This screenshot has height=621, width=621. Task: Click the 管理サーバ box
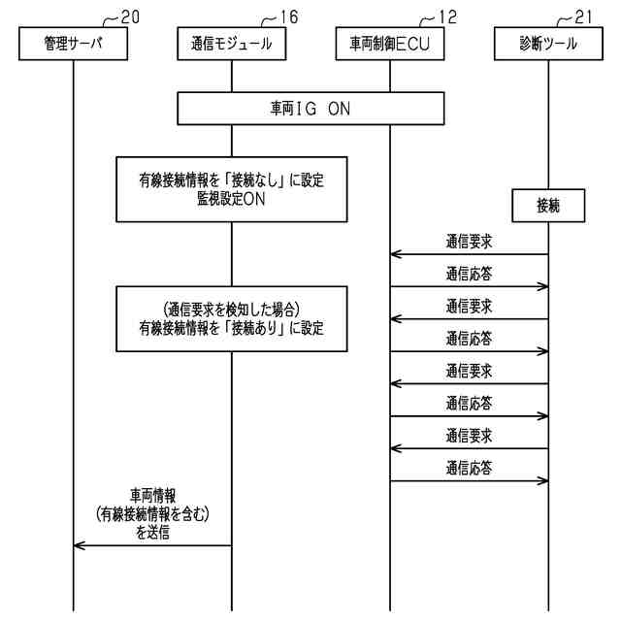tap(74, 44)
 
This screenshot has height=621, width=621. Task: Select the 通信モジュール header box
tap(231, 44)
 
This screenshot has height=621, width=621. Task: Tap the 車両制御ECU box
tap(390, 44)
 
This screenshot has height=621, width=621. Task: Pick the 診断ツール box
tap(548, 44)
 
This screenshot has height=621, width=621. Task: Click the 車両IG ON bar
tap(310, 109)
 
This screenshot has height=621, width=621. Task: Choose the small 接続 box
tap(548, 205)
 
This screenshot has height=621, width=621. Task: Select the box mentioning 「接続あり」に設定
tap(231, 317)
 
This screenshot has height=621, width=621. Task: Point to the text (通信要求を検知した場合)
tap(231, 309)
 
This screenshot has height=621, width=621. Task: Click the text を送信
tap(153, 532)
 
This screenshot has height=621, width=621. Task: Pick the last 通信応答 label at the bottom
tap(470, 468)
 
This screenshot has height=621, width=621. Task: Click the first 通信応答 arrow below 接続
tap(470, 286)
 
